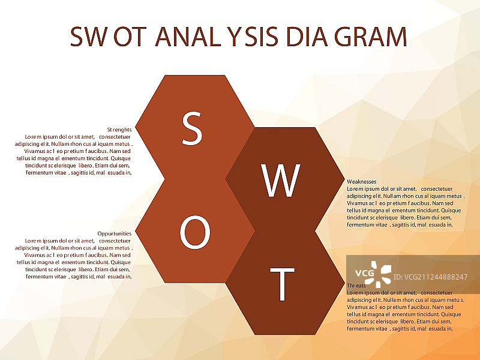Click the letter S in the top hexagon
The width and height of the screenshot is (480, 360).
click(x=192, y=128)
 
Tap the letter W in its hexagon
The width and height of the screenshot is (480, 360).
click(x=281, y=181)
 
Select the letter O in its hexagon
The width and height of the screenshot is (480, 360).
click(x=195, y=233)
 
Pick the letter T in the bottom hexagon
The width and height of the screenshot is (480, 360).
click(x=282, y=284)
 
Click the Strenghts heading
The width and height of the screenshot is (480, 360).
click(x=119, y=129)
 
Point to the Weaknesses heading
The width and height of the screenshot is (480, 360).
click(x=362, y=181)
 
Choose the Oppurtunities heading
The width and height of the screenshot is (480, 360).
click(x=115, y=233)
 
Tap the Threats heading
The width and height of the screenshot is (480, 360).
click(x=357, y=286)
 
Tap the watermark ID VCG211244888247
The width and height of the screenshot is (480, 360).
click(x=433, y=277)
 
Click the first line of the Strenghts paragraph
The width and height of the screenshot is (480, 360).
click(x=78, y=136)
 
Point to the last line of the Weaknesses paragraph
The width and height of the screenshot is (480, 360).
click(x=400, y=225)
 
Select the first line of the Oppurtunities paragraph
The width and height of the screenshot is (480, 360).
click(x=78, y=241)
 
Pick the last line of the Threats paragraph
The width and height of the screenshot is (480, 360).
click(x=400, y=329)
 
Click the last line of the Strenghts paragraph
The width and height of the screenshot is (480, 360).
click(x=79, y=173)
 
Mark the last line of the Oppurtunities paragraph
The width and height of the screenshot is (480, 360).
click(x=79, y=277)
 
